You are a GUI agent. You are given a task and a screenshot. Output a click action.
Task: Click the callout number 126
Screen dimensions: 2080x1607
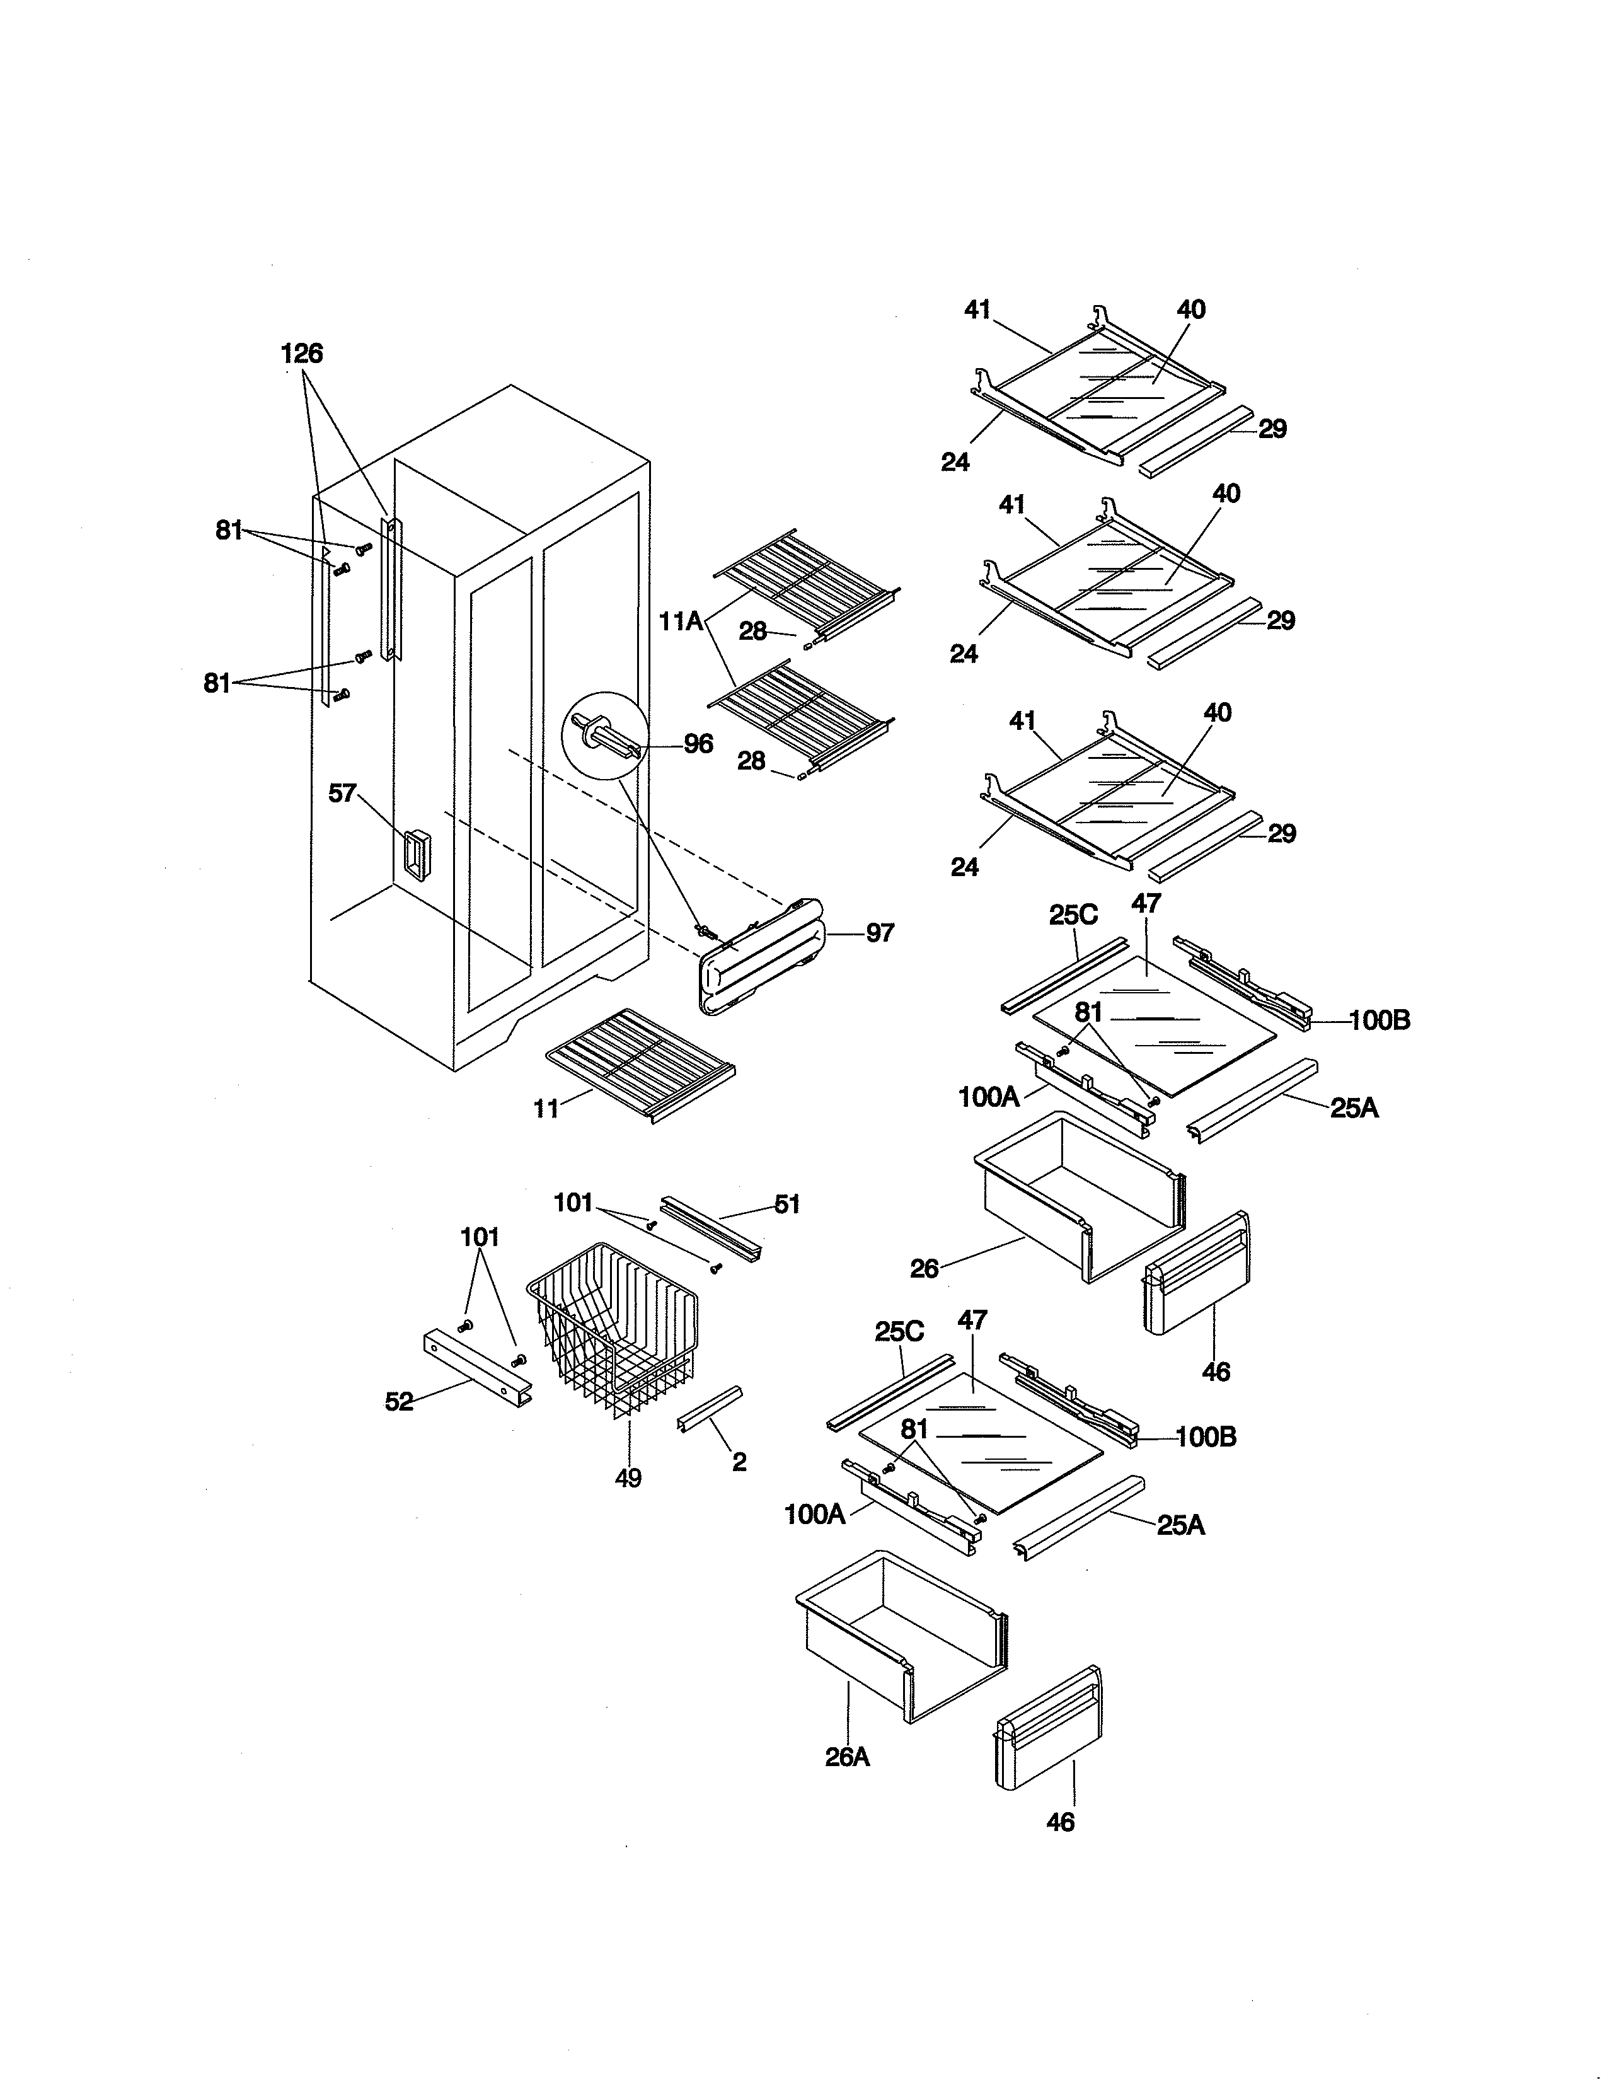point(302,354)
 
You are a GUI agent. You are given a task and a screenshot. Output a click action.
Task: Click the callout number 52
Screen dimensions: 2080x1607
point(399,1402)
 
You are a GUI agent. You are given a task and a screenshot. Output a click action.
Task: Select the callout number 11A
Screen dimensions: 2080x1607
point(681,622)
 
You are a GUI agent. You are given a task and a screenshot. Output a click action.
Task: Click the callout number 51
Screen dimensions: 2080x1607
point(786,1205)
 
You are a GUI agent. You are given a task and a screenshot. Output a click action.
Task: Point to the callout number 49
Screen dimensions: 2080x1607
point(628,1478)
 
